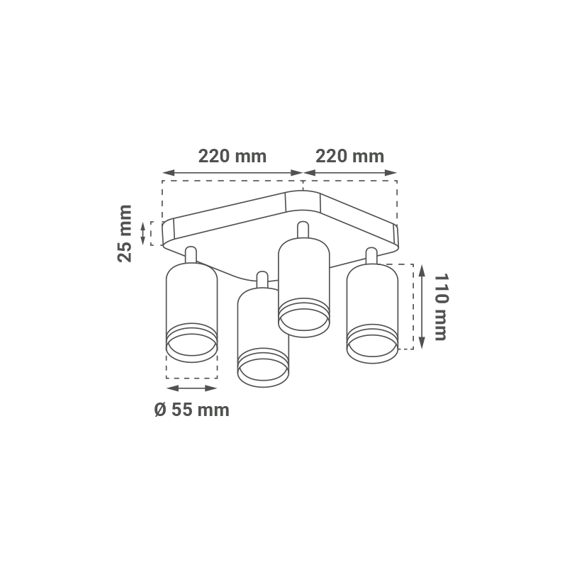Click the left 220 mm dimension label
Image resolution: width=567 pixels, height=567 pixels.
tap(232, 156)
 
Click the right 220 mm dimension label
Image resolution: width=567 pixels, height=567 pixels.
tap(349, 156)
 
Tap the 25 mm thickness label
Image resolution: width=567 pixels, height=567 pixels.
tap(125, 233)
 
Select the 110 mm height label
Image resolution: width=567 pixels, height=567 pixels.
tap(441, 307)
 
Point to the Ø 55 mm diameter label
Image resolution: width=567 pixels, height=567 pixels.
tap(191, 410)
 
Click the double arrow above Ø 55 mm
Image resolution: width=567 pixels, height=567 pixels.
tap(191, 388)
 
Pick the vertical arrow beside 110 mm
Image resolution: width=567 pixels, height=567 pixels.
tap(422, 307)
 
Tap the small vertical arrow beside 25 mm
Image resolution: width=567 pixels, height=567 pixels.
tap(143, 233)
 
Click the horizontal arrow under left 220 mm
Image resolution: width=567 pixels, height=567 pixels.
tap(232, 173)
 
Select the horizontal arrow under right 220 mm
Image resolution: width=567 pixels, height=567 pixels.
tap(350, 173)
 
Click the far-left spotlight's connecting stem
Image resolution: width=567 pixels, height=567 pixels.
tap(191, 255)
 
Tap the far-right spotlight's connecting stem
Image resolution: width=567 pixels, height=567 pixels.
tap(371, 256)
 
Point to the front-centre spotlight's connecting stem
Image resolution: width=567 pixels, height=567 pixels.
tap(262, 280)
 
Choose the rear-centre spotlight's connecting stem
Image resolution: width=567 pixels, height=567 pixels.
tap(303, 230)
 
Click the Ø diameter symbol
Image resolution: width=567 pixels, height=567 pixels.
tap(160, 410)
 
